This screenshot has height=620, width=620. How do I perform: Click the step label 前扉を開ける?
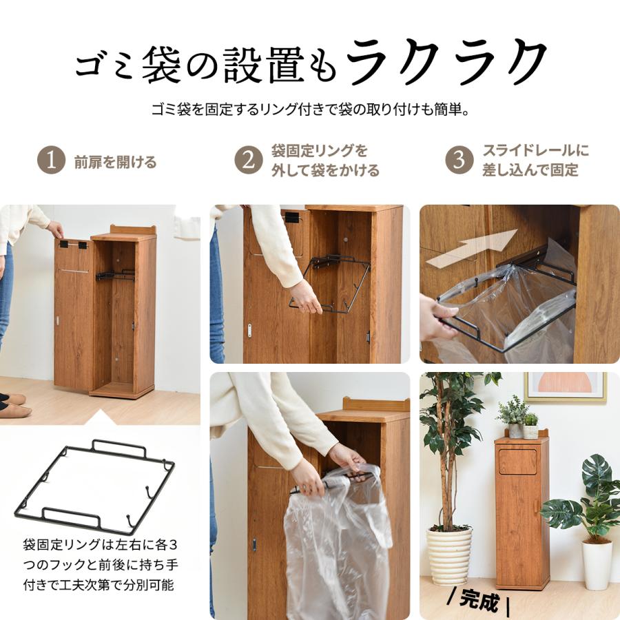pos(115,163)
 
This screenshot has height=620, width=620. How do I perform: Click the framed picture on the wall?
pos(566,386)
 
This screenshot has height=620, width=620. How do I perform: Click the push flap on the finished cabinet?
pos(517,461)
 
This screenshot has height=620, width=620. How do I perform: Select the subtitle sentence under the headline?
pos(310,110)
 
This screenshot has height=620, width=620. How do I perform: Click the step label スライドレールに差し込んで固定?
pos(535,161)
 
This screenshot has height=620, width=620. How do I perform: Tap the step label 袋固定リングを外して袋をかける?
pos(324,161)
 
